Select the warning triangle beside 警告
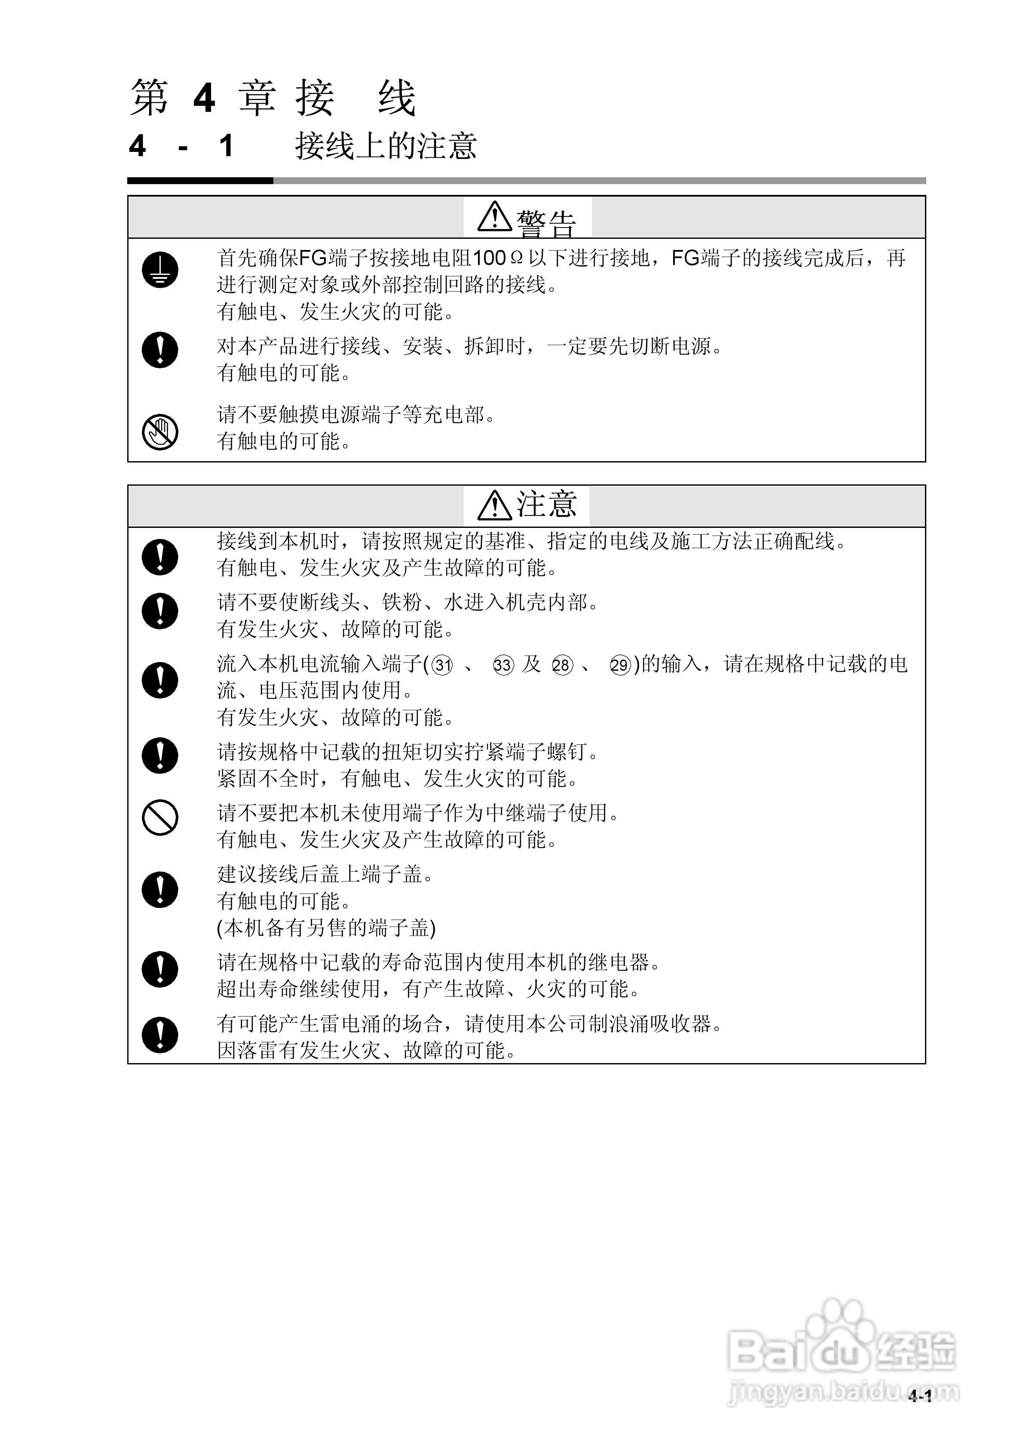[494, 217]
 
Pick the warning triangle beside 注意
[494, 505]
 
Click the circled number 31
[443, 665]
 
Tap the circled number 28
[561, 665]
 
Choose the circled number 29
[621, 665]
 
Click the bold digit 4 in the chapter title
[204, 99]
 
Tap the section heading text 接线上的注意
[386, 146]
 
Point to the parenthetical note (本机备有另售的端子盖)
[326, 927]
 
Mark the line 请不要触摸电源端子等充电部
[356, 415]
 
